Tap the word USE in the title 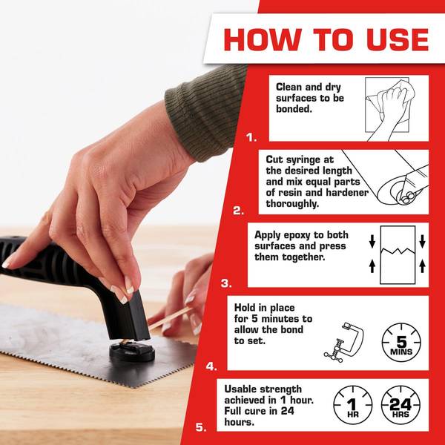click(391, 38)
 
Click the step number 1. click(251, 137)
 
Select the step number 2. click(238, 211)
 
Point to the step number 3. click(225, 283)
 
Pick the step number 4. click(211, 366)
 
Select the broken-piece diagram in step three click(401, 253)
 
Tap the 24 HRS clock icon click(400, 406)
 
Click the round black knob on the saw click(131, 350)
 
